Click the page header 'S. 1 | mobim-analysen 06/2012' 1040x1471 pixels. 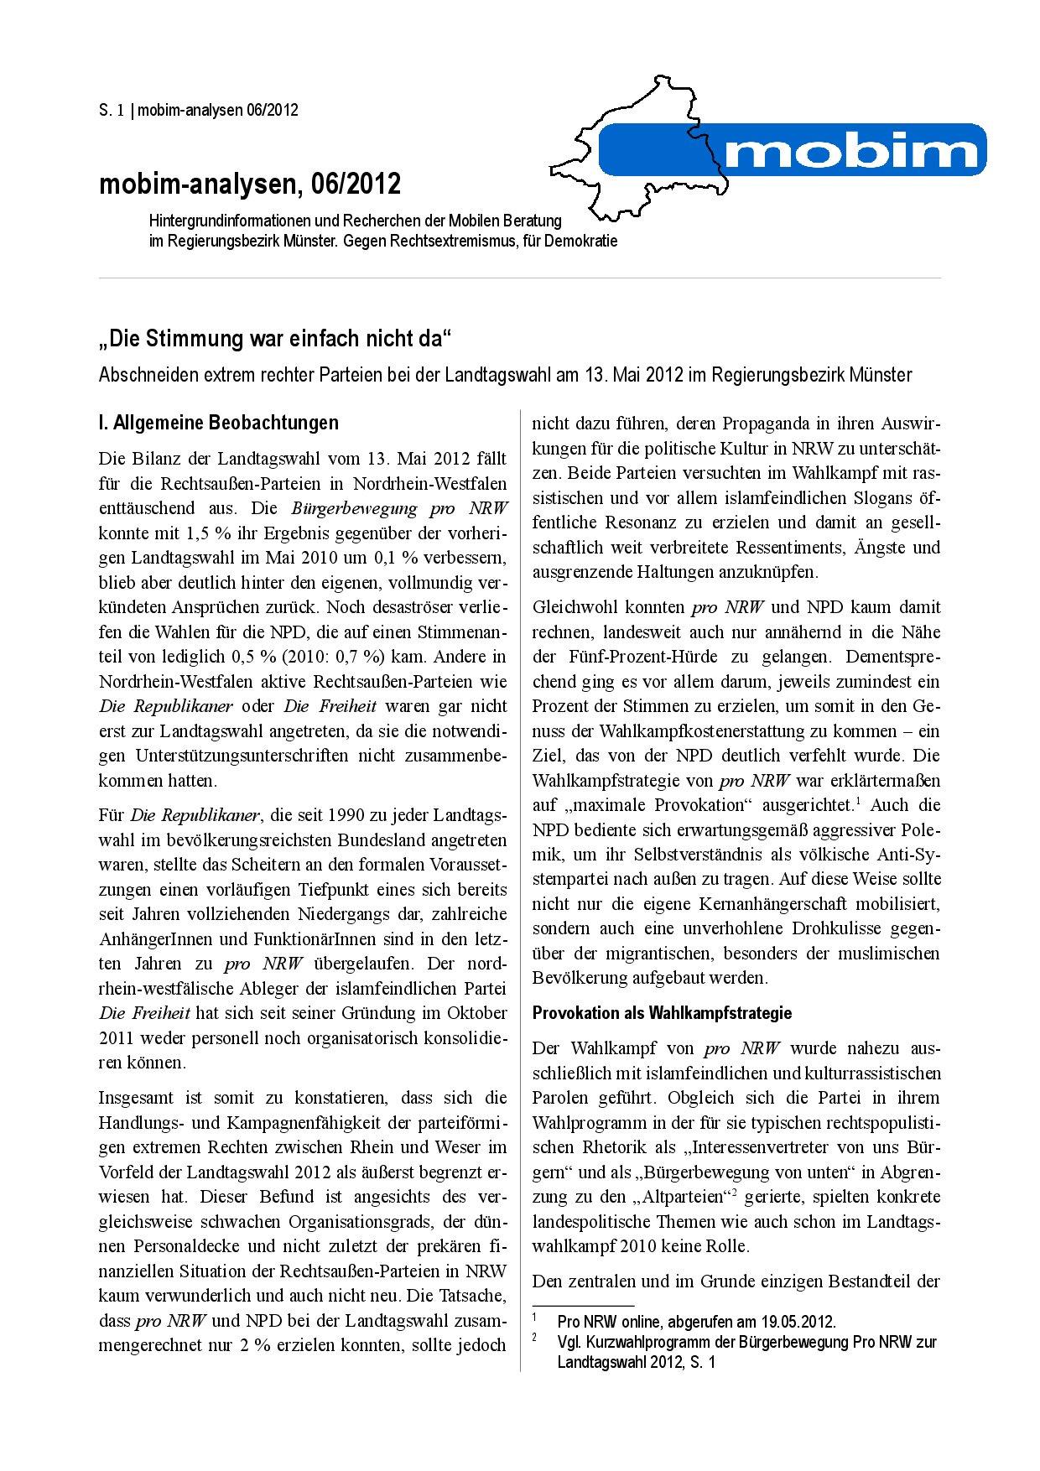click(x=199, y=110)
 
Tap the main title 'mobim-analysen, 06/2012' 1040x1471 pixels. click(x=250, y=184)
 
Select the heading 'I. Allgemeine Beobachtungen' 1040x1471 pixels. click(x=218, y=422)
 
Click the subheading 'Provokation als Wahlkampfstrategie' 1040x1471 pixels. click(x=662, y=1013)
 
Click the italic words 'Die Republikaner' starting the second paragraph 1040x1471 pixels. click(x=197, y=814)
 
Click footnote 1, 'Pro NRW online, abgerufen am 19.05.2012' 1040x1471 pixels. click(x=696, y=1323)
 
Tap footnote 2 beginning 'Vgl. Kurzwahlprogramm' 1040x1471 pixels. click(x=746, y=1342)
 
